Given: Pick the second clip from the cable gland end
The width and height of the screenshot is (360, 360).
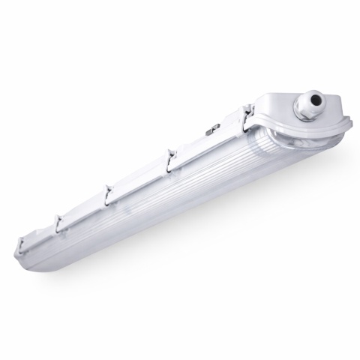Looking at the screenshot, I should [172, 154].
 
